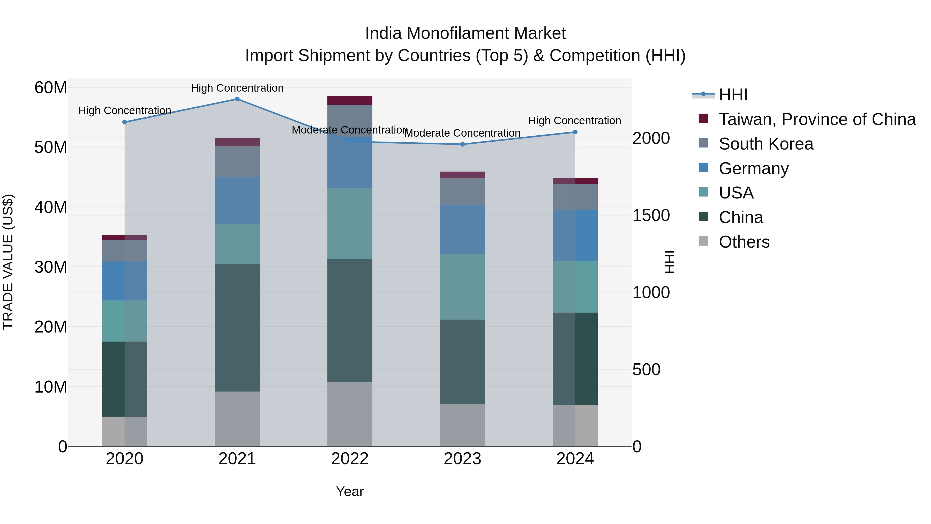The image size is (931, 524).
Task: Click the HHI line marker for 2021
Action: tap(237, 99)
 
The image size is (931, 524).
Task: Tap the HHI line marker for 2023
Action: tap(462, 144)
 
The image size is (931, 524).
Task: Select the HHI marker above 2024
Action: tap(575, 132)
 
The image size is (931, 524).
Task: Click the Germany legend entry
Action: tap(754, 168)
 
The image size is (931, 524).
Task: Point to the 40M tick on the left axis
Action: tap(51, 207)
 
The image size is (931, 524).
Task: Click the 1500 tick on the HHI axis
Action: tap(651, 215)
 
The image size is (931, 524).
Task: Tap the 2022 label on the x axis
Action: tap(349, 459)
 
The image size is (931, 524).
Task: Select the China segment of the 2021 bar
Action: tap(237, 327)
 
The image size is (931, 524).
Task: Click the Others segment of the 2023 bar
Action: tap(462, 425)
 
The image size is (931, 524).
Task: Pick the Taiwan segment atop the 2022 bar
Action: tap(349, 100)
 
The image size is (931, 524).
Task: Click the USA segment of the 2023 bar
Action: tap(462, 286)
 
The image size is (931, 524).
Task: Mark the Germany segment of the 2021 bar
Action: tap(237, 200)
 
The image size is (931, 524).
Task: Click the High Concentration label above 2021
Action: tap(237, 88)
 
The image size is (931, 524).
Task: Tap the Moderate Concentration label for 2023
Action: tap(462, 133)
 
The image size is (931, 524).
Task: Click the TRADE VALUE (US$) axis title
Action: tap(8, 262)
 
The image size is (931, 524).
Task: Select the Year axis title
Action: tap(349, 491)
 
